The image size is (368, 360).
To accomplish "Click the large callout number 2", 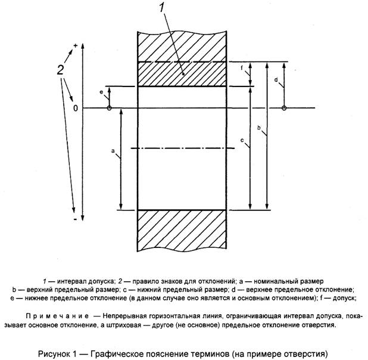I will [x=60, y=70].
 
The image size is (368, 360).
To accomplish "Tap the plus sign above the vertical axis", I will [x=76, y=45].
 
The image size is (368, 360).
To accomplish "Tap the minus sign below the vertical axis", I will [x=76, y=220].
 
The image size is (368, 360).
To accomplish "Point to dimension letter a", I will [x=113, y=152].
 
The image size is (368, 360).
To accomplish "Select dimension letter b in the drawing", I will [x=258, y=128].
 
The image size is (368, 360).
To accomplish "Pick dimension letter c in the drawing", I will [x=242, y=140].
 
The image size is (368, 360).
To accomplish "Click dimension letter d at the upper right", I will [x=276, y=79].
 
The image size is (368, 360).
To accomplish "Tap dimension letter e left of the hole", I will [x=101, y=92].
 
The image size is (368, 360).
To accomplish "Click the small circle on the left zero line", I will [x=109, y=108].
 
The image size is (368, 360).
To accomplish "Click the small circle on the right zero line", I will [x=285, y=108].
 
